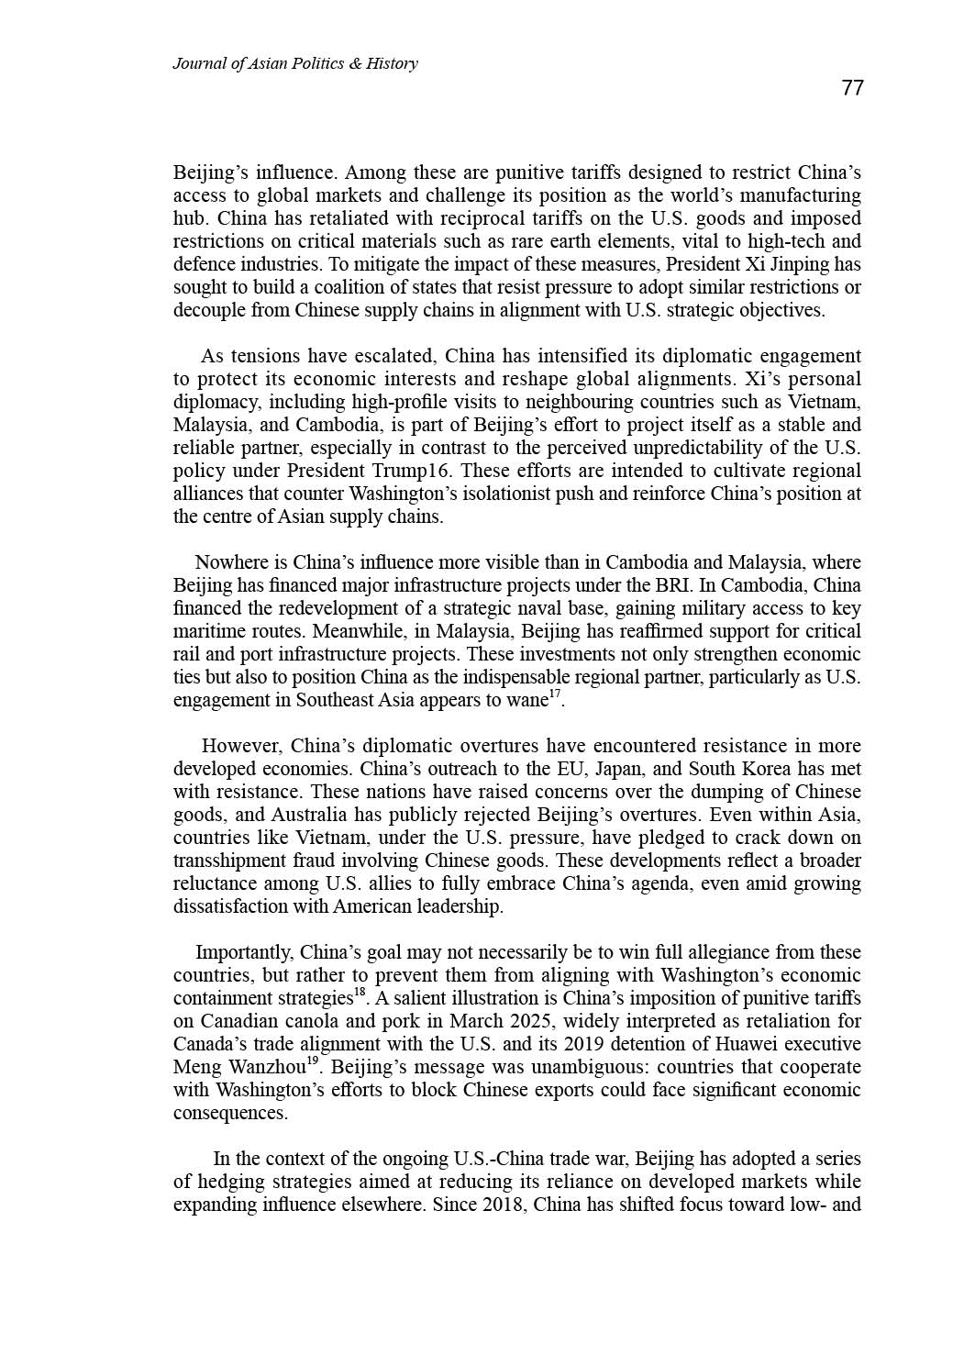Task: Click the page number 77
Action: [852, 88]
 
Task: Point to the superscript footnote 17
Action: [554, 695]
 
